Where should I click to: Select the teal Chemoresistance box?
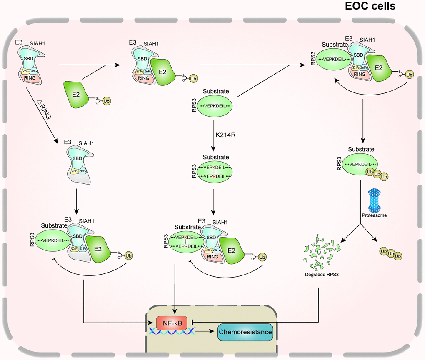pos(245,332)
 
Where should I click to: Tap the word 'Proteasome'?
pos(373,215)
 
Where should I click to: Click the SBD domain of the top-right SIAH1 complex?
pos(358,54)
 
